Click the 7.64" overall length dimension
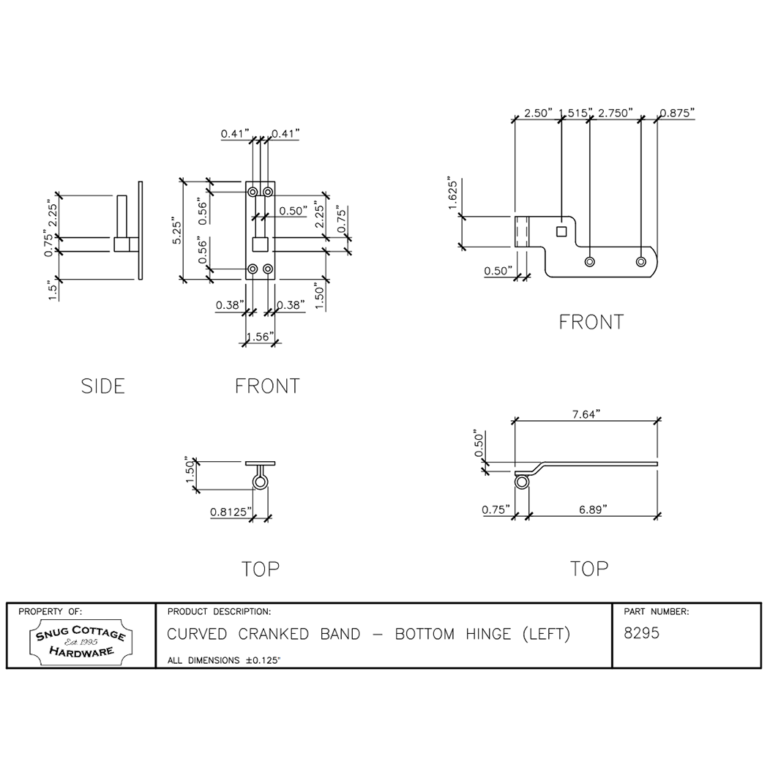[586, 414]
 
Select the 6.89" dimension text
[591, 510]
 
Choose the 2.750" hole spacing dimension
[615, 113]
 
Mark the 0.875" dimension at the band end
[677, 113]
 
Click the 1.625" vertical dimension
[453, 195]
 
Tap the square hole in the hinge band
[561, 232]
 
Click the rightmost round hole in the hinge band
[641, 261]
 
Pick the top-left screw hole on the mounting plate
[253, 192]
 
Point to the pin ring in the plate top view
[261, 482]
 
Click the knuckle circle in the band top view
[522, 482]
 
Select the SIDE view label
[103, 386]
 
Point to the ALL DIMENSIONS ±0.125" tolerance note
[225, 660]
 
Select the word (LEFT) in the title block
[542, 634]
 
